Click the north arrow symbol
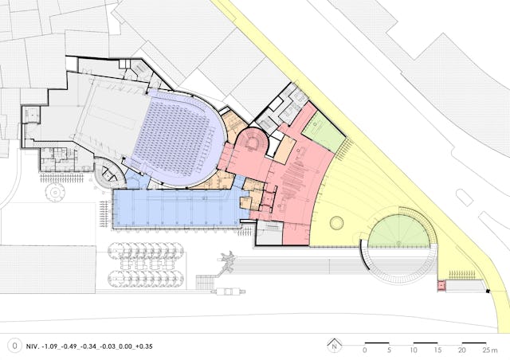(335, 346)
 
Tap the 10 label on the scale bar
(414, 350)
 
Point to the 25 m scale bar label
(490, 350)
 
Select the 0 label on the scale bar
(365, 350)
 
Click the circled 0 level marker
(14, 346)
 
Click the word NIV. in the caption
(33, 346)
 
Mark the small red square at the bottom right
(441, 285)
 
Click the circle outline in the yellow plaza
(336, 223)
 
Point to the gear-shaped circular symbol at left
(55, 193)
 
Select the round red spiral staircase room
(253, 143)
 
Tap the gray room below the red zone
(269, 233)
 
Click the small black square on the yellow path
(488, 291)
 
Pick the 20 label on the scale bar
(461, 350)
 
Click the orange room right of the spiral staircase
(284, 150)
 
